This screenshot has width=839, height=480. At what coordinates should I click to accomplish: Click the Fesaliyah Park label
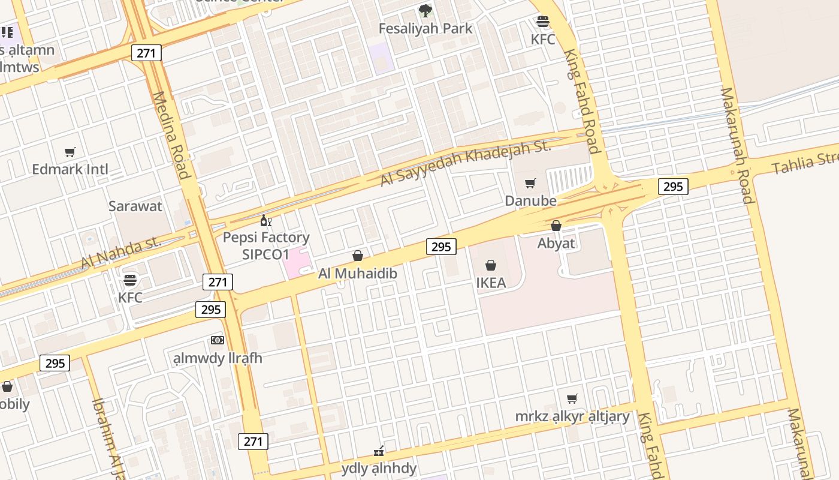click(x=425, y=28)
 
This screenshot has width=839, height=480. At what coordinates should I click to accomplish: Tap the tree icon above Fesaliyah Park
click(x=425, y=10)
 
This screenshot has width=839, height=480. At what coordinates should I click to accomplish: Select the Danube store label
click(x=530, y=200)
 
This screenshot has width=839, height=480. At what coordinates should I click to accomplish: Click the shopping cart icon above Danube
click(x=530, y=183)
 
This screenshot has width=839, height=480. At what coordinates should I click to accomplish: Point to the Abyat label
click(x=556, y=243)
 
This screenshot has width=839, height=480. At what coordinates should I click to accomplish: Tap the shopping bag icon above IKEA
click(x=491, y=265)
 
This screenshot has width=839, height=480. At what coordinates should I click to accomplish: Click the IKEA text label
click(x=491, y=283)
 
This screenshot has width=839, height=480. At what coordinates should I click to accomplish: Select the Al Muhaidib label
click(x=358, y=274)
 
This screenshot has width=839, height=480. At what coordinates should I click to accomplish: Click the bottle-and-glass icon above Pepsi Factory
click(x=266, y=221)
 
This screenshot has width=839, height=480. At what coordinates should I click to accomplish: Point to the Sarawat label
click(x=135, y=206)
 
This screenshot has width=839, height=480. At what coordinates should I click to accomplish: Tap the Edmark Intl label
click(x=70, y=169)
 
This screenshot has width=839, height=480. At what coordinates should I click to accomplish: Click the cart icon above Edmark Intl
click(x=70, y=152)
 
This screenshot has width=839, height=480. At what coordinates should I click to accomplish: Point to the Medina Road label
click(x=172, y=135)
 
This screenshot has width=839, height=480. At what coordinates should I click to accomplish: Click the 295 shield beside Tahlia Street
click(x=673, y=187)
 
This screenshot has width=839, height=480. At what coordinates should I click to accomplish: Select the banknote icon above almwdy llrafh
click(x=218, y=340)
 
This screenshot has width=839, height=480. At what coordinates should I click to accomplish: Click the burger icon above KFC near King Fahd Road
click(x=543, y=22)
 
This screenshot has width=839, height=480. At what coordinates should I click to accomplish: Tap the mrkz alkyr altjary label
click(x=572, y=416)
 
